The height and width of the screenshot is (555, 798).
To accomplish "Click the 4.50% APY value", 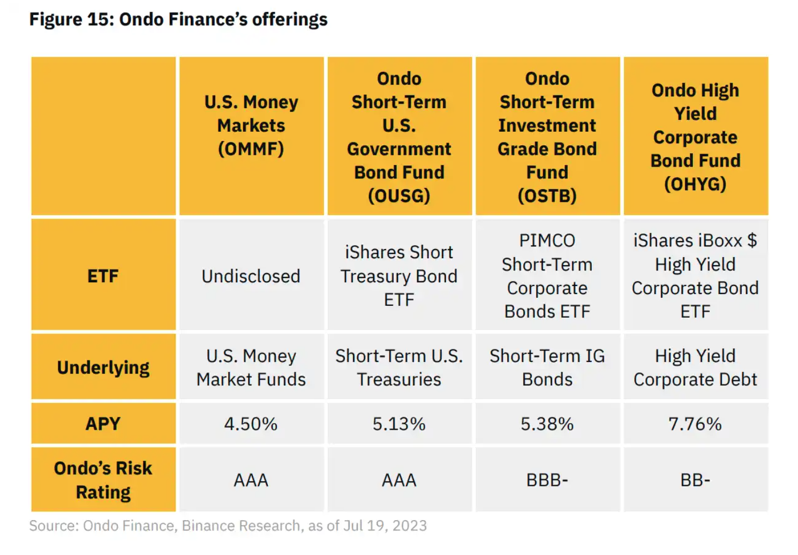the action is point(251,424).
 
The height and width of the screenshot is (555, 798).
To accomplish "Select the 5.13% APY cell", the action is point(399,424).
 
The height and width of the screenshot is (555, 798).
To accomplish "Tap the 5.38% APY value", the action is point(547,424).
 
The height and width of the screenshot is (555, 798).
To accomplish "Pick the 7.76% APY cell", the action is point(695,424).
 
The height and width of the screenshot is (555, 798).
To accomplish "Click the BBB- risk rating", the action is point(547,480).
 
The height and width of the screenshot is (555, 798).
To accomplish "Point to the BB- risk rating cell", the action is point(695,480).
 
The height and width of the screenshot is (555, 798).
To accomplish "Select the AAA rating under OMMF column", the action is point(251,480).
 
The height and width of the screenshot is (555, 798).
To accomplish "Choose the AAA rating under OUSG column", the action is point(399,480).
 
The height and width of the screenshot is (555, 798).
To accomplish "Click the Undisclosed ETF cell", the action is point(251,276).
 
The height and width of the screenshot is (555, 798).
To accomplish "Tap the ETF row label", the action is point(103,276).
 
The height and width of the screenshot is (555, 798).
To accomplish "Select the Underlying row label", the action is point(103,368).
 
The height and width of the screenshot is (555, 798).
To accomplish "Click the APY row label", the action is point(103,424).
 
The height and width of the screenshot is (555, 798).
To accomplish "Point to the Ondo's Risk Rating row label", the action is point(103,480).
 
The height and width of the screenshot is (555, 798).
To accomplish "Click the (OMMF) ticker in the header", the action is point(251,149).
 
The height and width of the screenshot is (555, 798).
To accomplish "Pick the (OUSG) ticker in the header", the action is point(399,196).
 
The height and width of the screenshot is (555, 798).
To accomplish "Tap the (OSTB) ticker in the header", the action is point(547,196).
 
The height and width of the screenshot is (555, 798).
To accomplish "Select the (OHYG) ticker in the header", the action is point(695,184).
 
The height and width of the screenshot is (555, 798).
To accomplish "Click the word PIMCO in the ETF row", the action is point(547,241).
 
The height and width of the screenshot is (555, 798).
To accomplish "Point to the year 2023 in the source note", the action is point(409,526).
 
